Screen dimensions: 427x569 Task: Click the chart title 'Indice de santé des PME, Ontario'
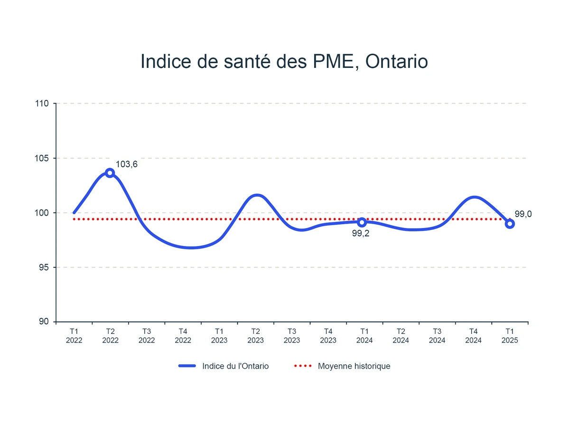coord(284,62)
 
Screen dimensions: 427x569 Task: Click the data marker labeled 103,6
coord(110,173)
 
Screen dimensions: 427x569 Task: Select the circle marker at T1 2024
coord(362,222)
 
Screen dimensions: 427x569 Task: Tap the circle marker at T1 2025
coord(510,224)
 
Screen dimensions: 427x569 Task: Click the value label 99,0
coord(523,214)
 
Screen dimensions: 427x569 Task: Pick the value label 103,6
coord(127,164)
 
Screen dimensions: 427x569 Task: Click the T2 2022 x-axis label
coord(110,336)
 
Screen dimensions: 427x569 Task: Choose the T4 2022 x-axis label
coord(183,336)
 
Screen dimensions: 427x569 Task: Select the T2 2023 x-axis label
coord(255,336)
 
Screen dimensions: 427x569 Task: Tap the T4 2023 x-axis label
coord(328,336)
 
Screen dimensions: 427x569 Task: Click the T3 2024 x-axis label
coord(437,336)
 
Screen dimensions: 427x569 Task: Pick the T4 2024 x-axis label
coord(473,336)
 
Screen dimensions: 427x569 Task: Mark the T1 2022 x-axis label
coord(74,336)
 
